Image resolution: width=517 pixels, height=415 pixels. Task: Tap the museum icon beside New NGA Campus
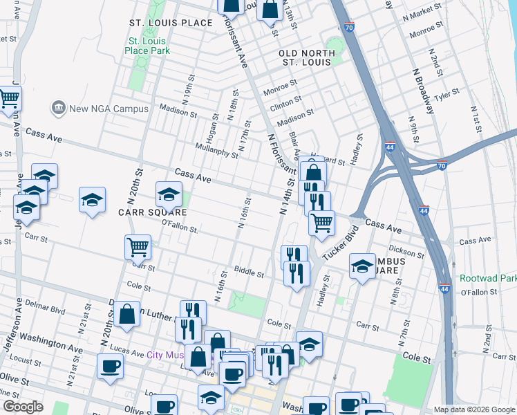pos(57,109)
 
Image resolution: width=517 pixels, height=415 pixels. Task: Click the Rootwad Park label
pos(488,279)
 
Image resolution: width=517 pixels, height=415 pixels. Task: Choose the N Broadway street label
pos(422,90)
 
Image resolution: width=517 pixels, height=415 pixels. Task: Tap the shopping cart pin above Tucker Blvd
pos(321,223)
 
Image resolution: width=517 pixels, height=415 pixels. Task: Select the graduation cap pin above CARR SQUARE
pos(169,195)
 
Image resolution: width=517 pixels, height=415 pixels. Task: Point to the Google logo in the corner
pos(23,407)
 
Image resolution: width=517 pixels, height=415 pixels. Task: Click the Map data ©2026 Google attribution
pos(474,409)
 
